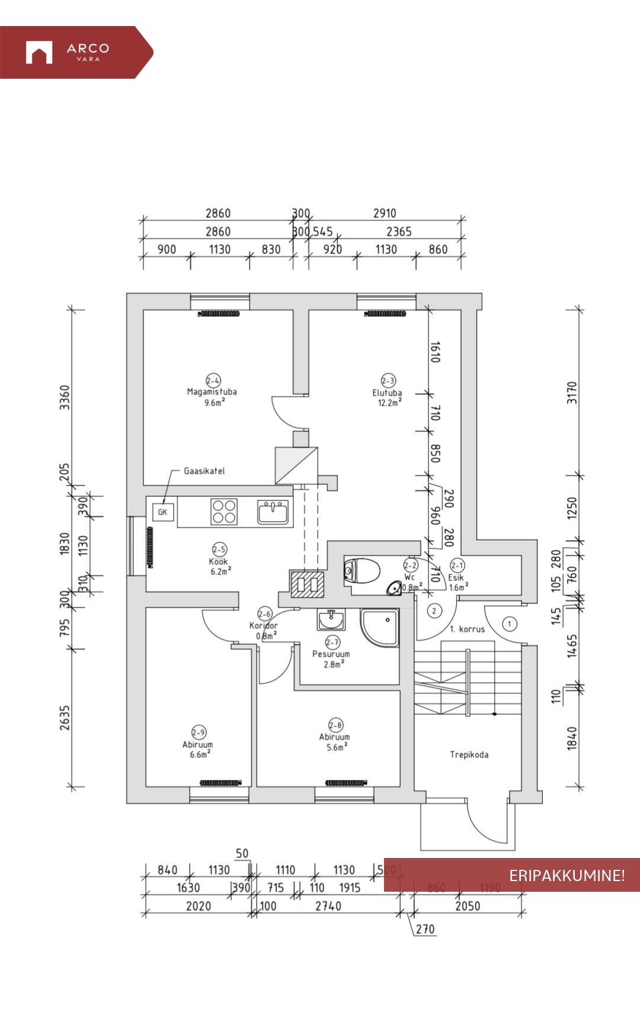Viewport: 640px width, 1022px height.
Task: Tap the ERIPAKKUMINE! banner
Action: [511, 875]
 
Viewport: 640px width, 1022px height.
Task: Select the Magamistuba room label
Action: [212, 391]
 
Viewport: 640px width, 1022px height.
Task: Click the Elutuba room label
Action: [387, 393]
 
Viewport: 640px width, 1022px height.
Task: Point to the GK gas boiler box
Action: [162, 512]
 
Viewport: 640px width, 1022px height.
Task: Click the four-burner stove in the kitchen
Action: [225, 512]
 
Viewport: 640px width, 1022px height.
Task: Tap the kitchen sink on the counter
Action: [273, 512]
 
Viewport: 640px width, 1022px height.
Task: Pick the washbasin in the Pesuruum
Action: [331, 621]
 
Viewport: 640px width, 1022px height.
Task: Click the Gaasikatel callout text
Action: [204, 471]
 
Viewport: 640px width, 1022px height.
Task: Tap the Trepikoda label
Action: [469, 754]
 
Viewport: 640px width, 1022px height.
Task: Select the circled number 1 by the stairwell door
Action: [509, 624]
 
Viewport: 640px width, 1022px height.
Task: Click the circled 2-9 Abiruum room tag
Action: [199, 732]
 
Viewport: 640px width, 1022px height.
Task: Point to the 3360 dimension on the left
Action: [65, 397]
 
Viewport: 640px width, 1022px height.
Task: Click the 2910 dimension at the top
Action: [385, 213]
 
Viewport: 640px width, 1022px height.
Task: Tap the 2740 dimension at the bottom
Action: [328, 906]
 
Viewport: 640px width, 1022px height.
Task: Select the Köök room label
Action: [218, 561]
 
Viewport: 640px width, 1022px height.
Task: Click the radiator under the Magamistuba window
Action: [219, 313]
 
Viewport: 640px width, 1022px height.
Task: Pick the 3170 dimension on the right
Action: [572, 393]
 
